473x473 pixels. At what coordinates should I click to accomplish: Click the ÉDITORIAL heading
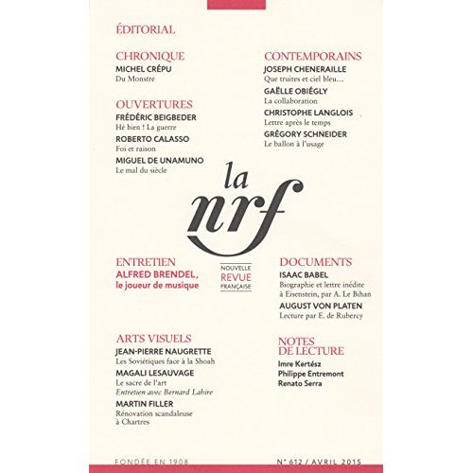144,31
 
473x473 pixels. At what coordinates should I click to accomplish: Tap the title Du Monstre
133,81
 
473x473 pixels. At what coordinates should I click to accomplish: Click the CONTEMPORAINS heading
312,56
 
